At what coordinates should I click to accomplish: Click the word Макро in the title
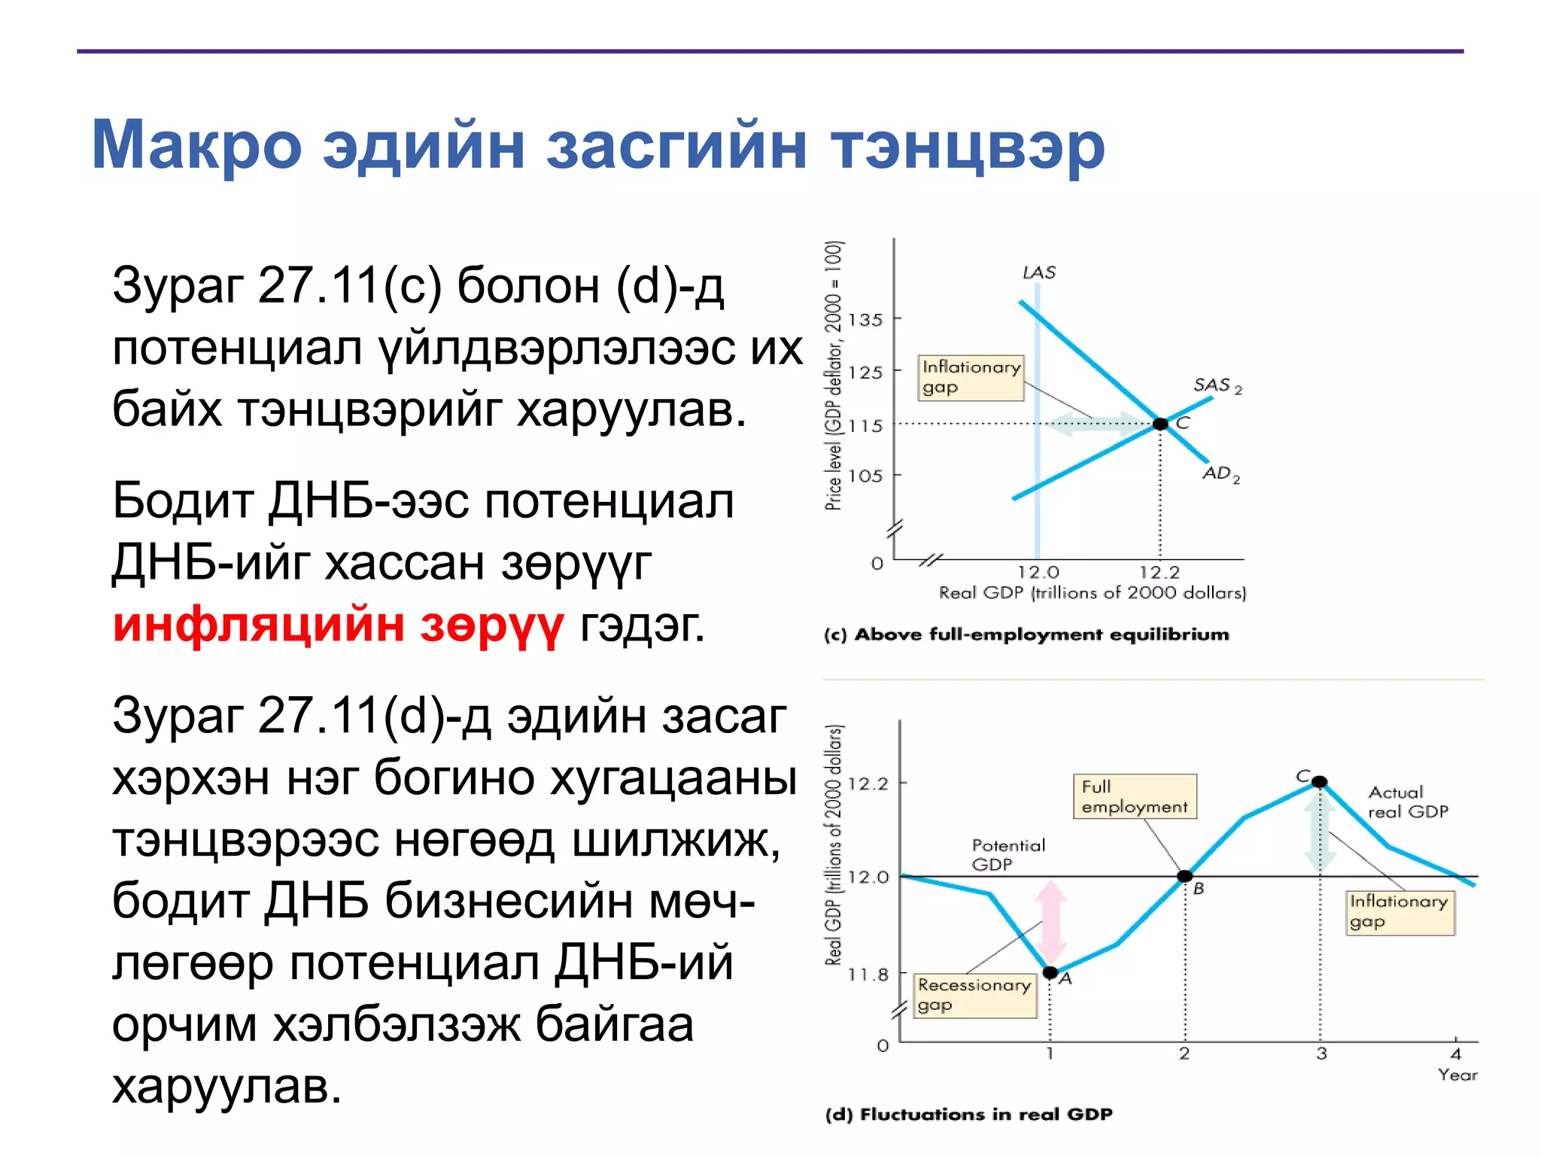[x=196, y=145]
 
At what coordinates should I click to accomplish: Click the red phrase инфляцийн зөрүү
[x=338, y=625]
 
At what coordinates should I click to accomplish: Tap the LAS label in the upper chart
[x=1038, y=272]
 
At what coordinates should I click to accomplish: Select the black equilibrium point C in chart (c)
[x=1160, y=424]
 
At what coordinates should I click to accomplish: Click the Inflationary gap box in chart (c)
[x=971, y=378]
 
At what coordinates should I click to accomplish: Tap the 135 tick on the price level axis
[x=865, y=320]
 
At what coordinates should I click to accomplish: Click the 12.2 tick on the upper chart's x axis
[x=1160, y=573]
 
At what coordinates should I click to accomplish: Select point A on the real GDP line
[x=1050, y=972]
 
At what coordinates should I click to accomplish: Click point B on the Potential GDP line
[x=1185, y=876]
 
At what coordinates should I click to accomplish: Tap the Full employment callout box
[x=1134, y=796]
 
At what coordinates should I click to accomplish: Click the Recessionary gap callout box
[x=974, y=995]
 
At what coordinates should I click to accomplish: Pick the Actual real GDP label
[x=1407, y=802]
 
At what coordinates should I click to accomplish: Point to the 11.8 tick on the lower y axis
[x=868, y=975]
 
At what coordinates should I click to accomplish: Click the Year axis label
[x=1457, y=1075]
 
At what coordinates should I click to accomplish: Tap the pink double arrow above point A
[x=1051, y=922]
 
